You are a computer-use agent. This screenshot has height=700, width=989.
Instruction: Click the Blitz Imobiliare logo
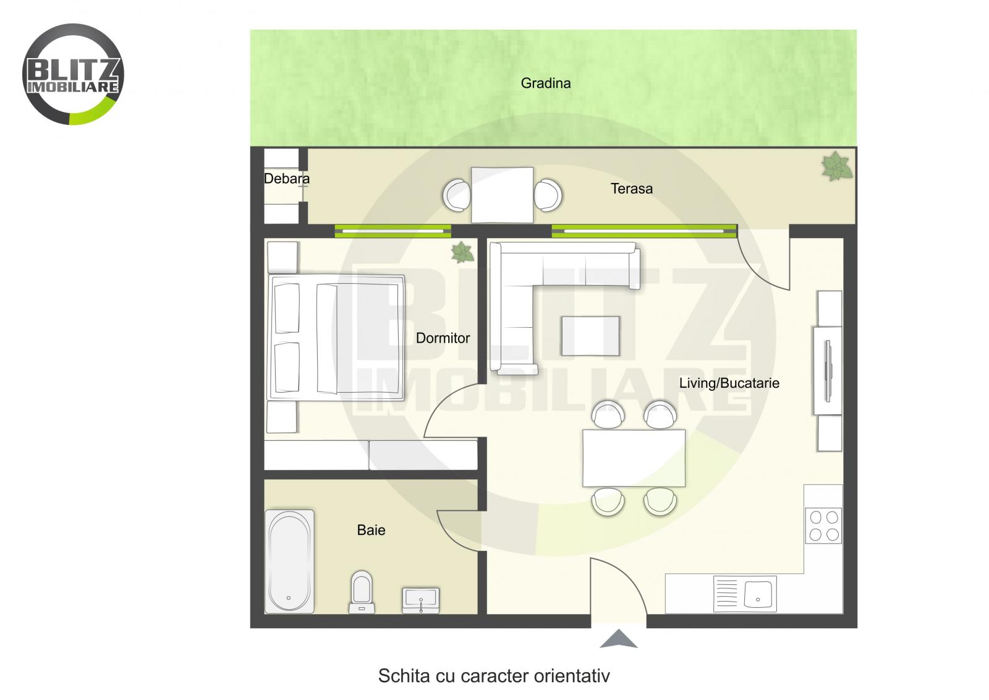(73, 74)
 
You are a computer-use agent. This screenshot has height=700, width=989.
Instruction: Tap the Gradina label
(545, 83)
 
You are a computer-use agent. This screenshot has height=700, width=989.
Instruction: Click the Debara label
(286, 179)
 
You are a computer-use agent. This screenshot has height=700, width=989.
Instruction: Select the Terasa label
(631, 189)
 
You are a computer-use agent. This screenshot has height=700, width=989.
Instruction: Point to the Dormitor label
(443, 338)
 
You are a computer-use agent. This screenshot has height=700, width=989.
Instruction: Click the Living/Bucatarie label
(729, 383)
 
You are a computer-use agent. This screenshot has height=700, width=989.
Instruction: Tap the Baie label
(371, 530)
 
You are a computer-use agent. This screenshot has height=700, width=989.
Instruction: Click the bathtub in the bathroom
(289, 561)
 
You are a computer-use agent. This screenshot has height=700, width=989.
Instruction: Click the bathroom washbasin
(421, 599)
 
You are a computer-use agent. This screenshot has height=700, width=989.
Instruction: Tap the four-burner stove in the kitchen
(823, 526)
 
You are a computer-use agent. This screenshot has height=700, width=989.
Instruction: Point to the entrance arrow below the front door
(618, 639)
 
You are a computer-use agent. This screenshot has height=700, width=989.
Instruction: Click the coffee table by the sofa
(590, 336)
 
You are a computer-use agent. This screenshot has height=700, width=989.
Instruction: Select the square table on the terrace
(502, 195)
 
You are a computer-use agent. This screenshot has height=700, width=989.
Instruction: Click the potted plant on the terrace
(836, 166)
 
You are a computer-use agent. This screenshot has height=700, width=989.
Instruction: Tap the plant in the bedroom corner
(462, 252)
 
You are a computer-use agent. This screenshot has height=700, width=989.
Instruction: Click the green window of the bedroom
(393, 231)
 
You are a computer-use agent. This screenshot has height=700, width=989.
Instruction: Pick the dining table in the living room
(634, 458)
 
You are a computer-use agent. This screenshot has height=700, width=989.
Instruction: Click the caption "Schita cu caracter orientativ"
(493, 675)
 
